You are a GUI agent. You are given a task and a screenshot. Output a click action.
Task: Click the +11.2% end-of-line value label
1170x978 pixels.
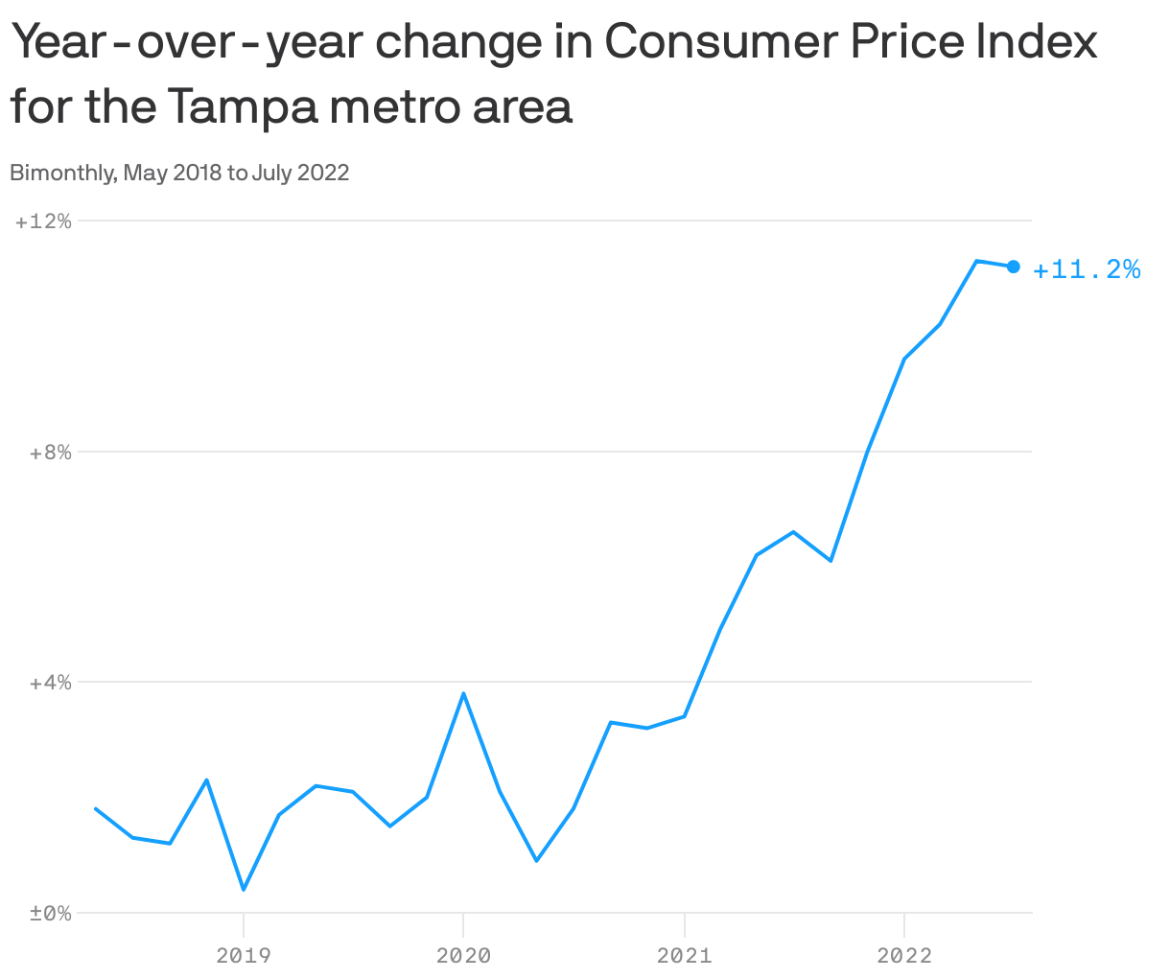(x=1087, y=269)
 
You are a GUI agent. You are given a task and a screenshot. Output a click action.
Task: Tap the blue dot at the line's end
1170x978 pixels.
(x=1013, y=267)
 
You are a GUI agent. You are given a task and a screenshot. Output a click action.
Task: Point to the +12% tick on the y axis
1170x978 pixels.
(x=44, y=221)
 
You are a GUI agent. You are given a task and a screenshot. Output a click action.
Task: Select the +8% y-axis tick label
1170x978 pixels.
(x=50, y=453)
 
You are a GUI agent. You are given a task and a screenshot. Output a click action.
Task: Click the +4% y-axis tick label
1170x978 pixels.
(x=50, y=683)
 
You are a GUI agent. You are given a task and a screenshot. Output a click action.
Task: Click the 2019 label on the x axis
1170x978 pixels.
(x=244, y=955)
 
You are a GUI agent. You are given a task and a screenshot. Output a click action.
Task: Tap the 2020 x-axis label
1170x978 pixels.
(x=463, y=955)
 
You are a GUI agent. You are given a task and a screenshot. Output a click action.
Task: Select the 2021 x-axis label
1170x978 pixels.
(x=684, y=955)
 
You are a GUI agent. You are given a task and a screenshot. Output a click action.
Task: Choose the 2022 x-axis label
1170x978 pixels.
(x=904, y=955)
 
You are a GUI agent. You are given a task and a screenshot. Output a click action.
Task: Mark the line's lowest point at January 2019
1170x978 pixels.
(x=244, y=889)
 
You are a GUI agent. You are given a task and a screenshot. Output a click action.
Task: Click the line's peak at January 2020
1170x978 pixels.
(x=463, y=693)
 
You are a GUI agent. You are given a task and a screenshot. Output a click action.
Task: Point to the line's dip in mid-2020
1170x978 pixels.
(x=536, y=860)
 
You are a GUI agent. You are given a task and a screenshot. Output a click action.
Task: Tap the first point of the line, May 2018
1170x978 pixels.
(x=96, y=808)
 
